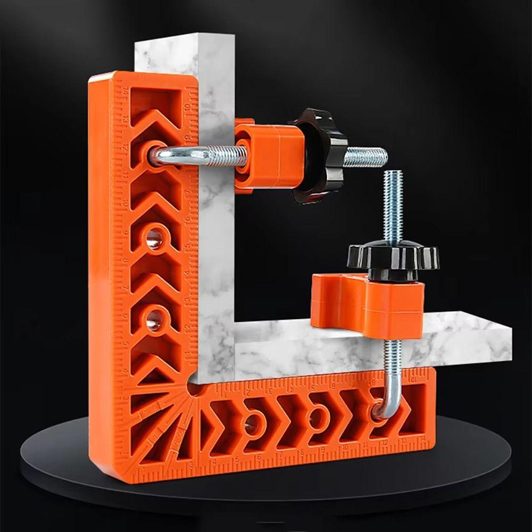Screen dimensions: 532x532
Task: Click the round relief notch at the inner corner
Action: [195, 388]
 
